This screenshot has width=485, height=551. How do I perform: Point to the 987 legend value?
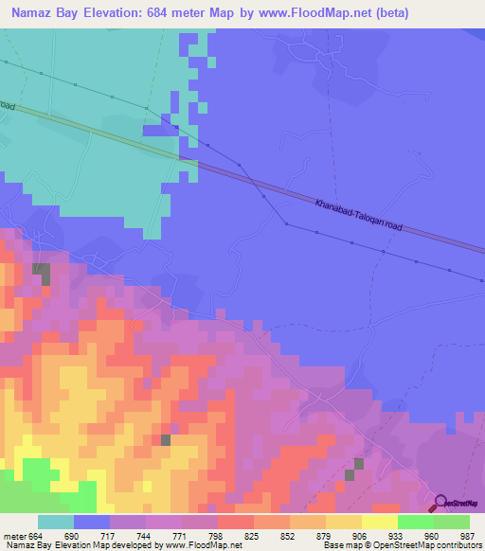pyautogui.click(x=467, y=536)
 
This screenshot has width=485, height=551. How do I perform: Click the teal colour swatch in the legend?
pyautogui.click(x=56, y=522)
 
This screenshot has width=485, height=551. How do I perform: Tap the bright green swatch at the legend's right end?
pyautogui.click(x=452, y=522)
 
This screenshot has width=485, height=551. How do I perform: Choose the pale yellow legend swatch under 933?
pyautogui.click(x=380, y=522)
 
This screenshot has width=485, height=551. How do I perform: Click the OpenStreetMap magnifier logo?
pyautogui.click(x=441, y=504)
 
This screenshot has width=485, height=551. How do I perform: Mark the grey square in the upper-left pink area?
pyautogui.click(x=42, y=273)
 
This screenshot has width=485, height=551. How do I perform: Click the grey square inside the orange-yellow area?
pyautogui.click(x=166, y=439)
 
